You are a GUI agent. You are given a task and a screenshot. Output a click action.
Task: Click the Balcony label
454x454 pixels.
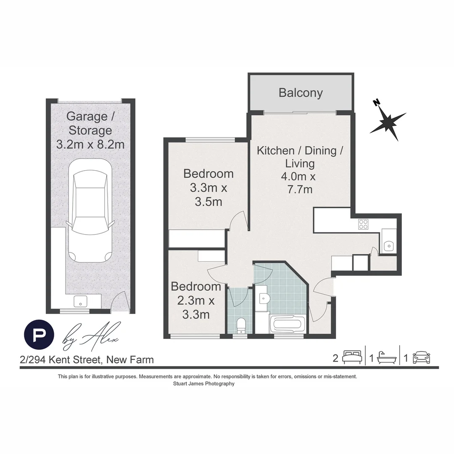coord(301,92)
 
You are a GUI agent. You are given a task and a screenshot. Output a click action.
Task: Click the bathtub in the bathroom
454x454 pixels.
coord(286,324)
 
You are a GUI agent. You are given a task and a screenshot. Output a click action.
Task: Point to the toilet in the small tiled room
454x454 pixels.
coord(241,325)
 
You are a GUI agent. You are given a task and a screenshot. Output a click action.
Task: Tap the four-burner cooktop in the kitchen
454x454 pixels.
coord(363,224)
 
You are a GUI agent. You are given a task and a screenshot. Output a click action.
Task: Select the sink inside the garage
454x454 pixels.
coord(80,301)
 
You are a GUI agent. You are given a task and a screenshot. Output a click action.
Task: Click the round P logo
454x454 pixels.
coord(39,335)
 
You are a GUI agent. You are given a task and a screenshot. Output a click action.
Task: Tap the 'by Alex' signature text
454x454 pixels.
coord(91,336)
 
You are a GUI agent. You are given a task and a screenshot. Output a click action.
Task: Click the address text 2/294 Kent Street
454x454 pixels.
coord(87,360)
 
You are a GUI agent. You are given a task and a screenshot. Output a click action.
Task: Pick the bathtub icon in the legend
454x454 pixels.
coord(386,358)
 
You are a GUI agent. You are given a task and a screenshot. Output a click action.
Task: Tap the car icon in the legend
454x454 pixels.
coord(421,358)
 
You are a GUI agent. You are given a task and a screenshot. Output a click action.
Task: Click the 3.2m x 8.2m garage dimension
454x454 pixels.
coord(90,145)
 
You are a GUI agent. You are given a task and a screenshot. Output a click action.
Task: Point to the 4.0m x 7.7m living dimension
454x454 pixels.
coord(298,183)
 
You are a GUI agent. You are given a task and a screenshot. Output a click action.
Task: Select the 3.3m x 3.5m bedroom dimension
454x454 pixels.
coord(209,195)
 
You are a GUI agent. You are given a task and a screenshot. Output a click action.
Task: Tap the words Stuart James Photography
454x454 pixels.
coord(203,384)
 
